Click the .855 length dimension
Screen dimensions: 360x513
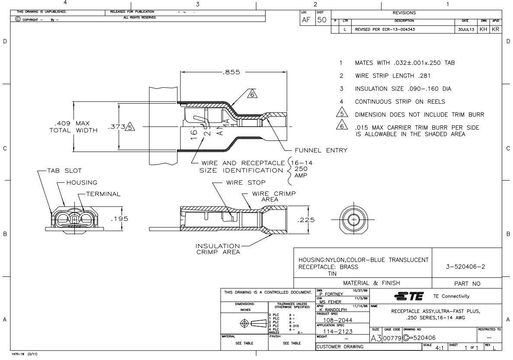click(x=231, y=72)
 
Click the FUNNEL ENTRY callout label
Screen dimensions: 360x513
click(x=321, y=150)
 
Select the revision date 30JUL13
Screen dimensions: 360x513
click(x=465, y=30)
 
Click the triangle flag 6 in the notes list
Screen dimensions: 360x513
click(x=343, y=126)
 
